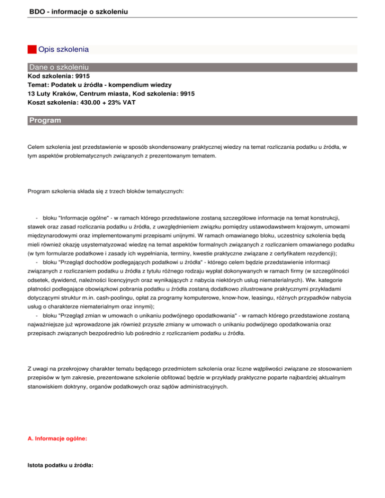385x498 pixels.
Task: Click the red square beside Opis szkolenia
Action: pos(32,50)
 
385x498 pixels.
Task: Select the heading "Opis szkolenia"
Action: pos(64,50)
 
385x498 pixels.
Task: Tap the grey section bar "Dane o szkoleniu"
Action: pos(59,67)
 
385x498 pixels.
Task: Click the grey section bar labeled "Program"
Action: pos(45,121)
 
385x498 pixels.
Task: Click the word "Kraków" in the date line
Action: pos(64,93)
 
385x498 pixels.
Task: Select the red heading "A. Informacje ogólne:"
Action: pos(58,438)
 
